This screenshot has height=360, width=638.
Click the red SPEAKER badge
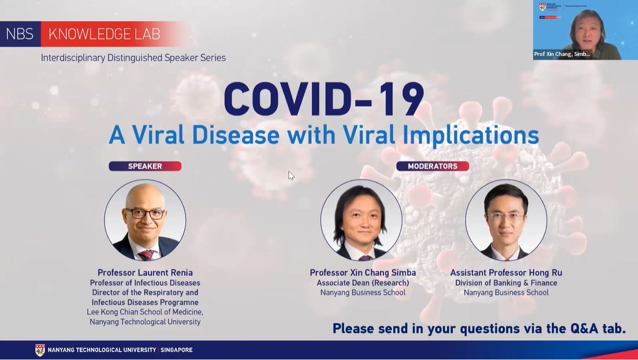(x=145, y=166)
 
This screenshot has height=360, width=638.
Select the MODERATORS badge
(x=432, y=166)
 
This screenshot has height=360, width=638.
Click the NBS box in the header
(x=20, y=34)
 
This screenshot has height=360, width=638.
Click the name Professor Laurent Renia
(x=145, y=272)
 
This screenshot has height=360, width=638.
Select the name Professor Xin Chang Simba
(x=363, y=272)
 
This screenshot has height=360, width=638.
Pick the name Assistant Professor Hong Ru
(x=506, y=272)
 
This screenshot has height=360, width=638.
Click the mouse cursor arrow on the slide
(x=291, y=175)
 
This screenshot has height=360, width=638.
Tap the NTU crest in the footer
(x=40, y=350)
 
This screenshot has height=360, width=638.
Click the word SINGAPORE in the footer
(x=177, y=350)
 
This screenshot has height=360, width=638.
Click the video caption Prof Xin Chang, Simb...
(x=562, y=54)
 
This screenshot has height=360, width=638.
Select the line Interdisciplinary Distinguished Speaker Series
(x=133, y=58)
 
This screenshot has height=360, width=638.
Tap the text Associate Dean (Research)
(x=363, y=283)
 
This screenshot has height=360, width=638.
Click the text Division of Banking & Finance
(x=506, y=283)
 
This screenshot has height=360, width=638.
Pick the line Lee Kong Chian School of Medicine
(x=145, y=312)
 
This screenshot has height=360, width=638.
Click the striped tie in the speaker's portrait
(x=145, y=255)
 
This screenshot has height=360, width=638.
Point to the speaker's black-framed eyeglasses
(x=145, y=213)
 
